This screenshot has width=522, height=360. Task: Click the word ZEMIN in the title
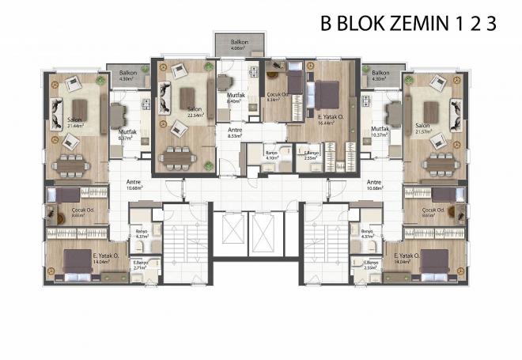pos(412,23)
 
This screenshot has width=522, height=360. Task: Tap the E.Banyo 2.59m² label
pos(364,267)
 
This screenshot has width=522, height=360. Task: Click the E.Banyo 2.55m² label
pos(312,156)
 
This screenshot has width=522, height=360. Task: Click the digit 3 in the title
pos(491,23)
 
